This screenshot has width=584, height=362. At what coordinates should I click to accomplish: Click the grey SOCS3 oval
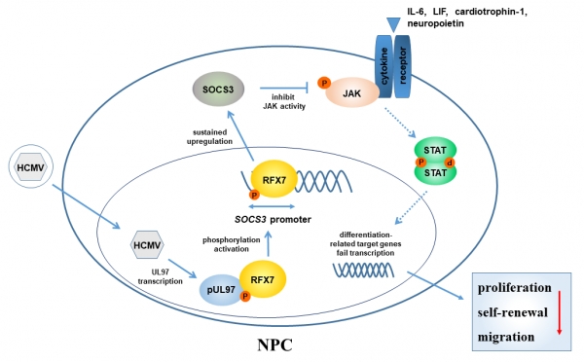point(218,90)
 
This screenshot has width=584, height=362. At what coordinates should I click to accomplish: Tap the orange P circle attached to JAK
point(324,83)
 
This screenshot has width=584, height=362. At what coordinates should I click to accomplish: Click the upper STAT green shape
point(435,149)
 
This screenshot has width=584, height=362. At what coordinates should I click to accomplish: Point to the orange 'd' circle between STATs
point(450,163)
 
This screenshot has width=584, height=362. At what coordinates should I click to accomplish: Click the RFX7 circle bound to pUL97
point(263,279)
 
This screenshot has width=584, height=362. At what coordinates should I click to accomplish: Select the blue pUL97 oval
point(221,290)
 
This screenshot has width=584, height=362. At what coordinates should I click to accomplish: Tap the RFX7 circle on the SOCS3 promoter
point(274,179)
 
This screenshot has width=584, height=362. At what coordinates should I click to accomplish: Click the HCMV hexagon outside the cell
point(31,167)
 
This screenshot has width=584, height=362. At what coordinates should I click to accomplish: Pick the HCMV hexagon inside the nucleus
point(147,245)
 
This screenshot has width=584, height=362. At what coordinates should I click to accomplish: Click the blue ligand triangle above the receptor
point(393,24)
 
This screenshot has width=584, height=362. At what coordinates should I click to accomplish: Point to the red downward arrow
point(559,312)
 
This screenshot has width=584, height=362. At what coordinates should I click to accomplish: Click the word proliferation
point(514,288)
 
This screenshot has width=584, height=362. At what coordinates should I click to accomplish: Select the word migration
point(506,337)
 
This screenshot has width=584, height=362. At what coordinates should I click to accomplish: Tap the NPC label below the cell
point(274,344)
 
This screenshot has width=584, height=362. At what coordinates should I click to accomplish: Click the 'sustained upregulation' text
point(209,136)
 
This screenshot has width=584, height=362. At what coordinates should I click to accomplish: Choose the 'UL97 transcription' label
point(161,276)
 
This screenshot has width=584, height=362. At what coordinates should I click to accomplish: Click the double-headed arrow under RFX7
point(272,206)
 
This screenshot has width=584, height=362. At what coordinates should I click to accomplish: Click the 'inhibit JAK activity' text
point(284,101)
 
